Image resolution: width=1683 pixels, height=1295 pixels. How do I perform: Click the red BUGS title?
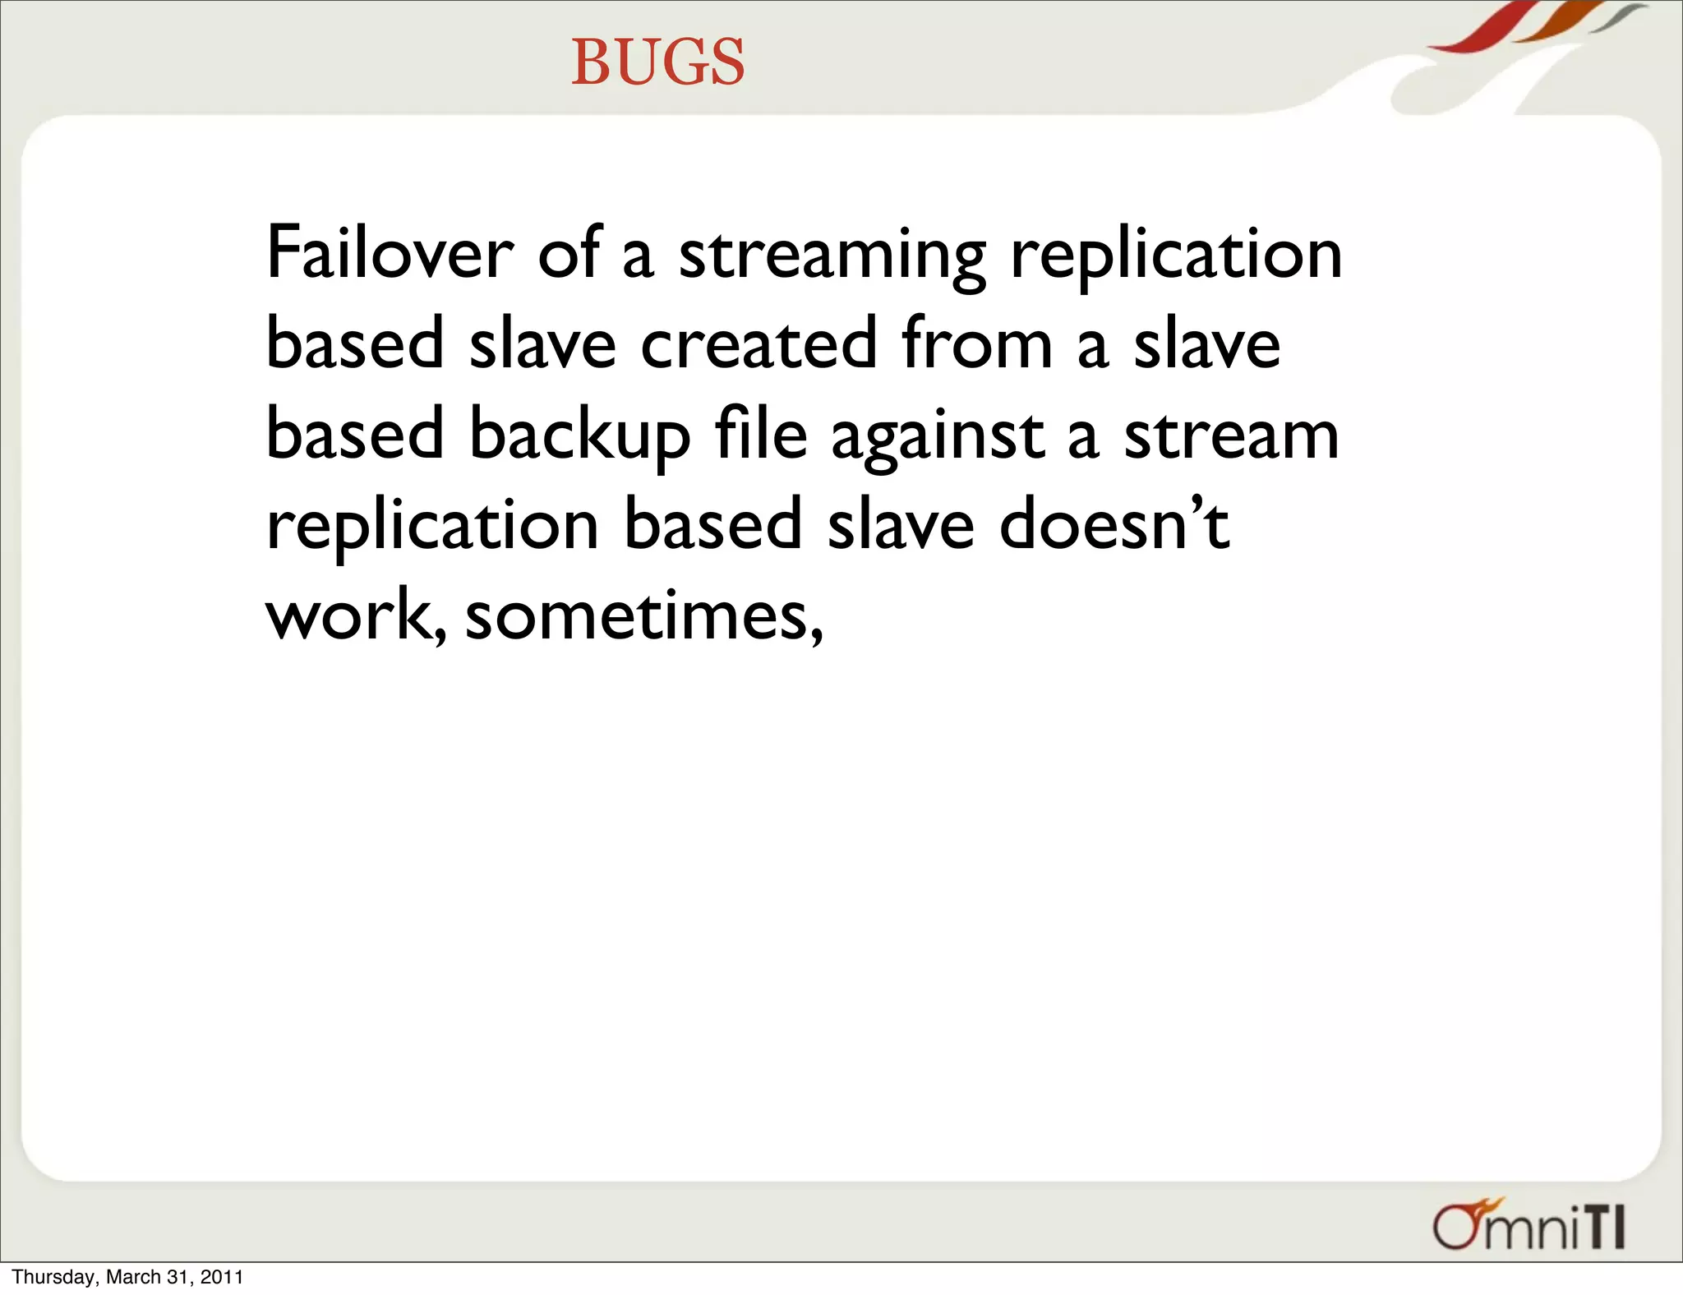pyautogui.click(x=658, y=62)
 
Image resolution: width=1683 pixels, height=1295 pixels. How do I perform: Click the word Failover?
pyautogui.click(x=390, y=253)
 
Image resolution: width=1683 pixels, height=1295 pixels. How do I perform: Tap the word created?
pyautogui.click(x=759, y=344)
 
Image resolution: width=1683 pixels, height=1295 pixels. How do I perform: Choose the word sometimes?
pyautogui.click(x=643, y=616)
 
